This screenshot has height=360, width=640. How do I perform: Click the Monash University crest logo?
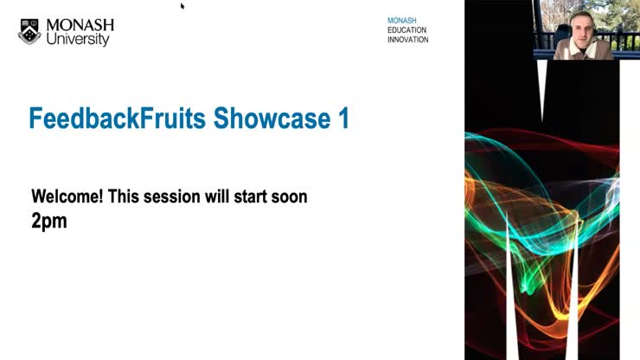pos(29,31)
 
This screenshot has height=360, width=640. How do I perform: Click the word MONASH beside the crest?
pos(80,24)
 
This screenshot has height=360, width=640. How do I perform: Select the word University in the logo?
pos(78,39)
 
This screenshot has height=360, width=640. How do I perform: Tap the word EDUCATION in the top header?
pos(407,29)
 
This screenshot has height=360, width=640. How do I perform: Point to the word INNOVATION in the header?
pos(408,40)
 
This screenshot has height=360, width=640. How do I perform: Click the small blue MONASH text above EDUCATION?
pos(401,19)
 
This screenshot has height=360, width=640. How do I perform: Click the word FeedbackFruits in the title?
pos(118,119)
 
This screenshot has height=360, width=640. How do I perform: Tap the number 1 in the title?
pos(342,119)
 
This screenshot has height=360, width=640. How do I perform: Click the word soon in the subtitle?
pos(291,196)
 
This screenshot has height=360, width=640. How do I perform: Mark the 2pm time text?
pos(49,221)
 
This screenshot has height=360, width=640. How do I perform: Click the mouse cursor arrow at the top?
pos(182,6)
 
